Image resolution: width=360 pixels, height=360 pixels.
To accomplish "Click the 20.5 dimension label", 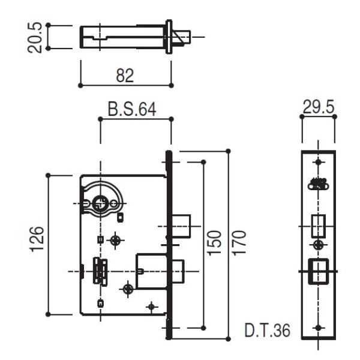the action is pyautogui.click(x=35, y=37).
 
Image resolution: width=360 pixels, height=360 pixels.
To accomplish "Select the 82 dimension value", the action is pyautogui.click(x=125, y=76).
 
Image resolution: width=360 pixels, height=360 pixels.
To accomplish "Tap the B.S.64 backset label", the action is pyautogui.click(x=132, y=109).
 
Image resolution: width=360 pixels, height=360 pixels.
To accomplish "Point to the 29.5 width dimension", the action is pyautogui.click(x=319, y=107).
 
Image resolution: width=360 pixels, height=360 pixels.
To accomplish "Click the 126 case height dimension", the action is pyautogui.click(x=37, y=239).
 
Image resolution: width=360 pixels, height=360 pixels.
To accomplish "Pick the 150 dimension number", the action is pyautogui.click(x=214, y=242).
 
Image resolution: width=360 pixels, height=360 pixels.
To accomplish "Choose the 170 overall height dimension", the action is pyautogui.click(x=239, y=242).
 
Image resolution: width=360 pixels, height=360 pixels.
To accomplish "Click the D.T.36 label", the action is pyautogui.click(x=268, y=331).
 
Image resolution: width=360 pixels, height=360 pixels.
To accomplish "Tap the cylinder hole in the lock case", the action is pyautogui.click(x=100, y=203).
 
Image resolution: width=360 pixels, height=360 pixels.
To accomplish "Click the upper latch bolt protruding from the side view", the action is pyautogui.click(x=182, y=226).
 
